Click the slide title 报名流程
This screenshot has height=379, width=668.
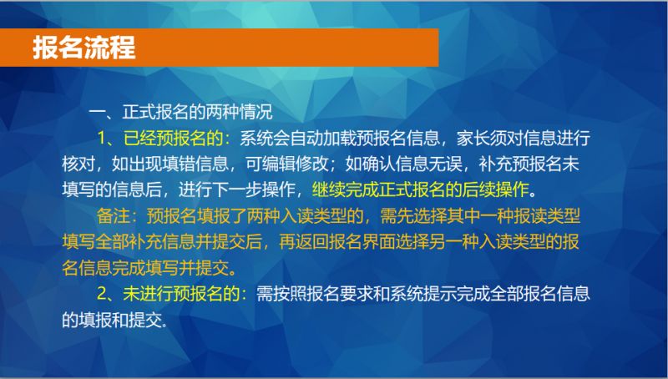point(84,48)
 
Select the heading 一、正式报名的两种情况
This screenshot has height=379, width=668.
point(180,112)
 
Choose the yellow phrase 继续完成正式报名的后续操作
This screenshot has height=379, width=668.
point(421,189)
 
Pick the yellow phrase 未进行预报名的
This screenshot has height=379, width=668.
point(181,293)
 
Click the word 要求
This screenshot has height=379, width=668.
point(357,293)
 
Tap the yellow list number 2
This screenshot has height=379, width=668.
point(101,294)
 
